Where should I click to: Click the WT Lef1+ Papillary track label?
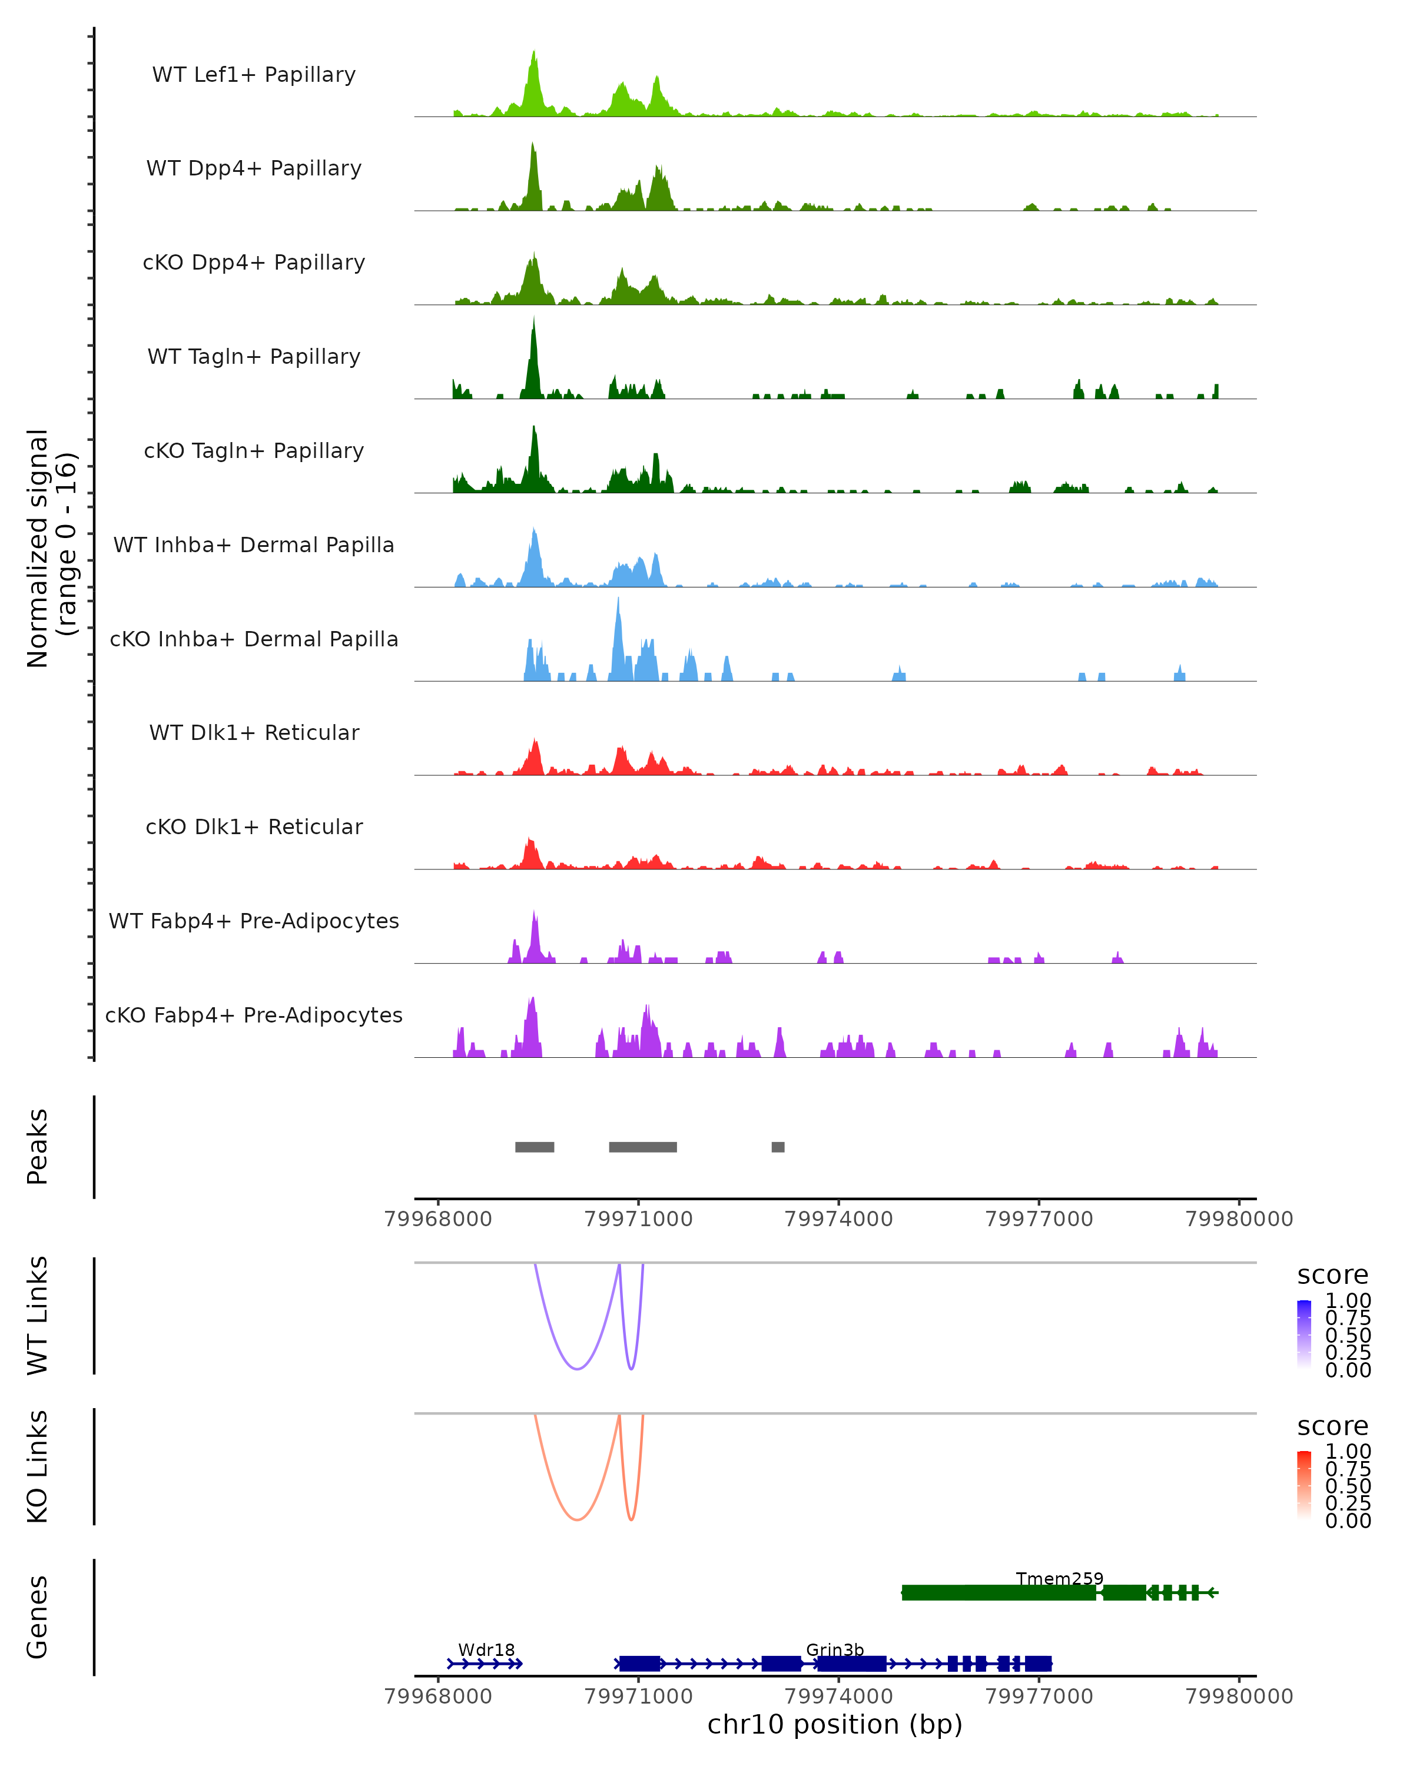254,75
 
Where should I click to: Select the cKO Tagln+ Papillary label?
254,450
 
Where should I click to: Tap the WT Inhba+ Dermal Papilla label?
254,545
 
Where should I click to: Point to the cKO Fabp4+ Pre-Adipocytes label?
254,1015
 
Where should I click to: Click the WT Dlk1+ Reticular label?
254,732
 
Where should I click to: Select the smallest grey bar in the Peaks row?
778,1147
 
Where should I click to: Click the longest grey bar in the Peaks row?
643,1147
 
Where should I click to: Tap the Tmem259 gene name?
1059,1578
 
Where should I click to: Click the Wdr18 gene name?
486,1649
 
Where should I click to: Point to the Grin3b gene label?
835,1649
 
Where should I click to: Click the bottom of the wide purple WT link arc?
578,1369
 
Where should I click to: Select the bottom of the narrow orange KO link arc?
631,1519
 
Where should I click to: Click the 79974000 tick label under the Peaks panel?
839,1219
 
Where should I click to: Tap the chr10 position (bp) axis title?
835,1724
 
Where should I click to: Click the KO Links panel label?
38,1467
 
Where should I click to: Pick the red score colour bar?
1304,1484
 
